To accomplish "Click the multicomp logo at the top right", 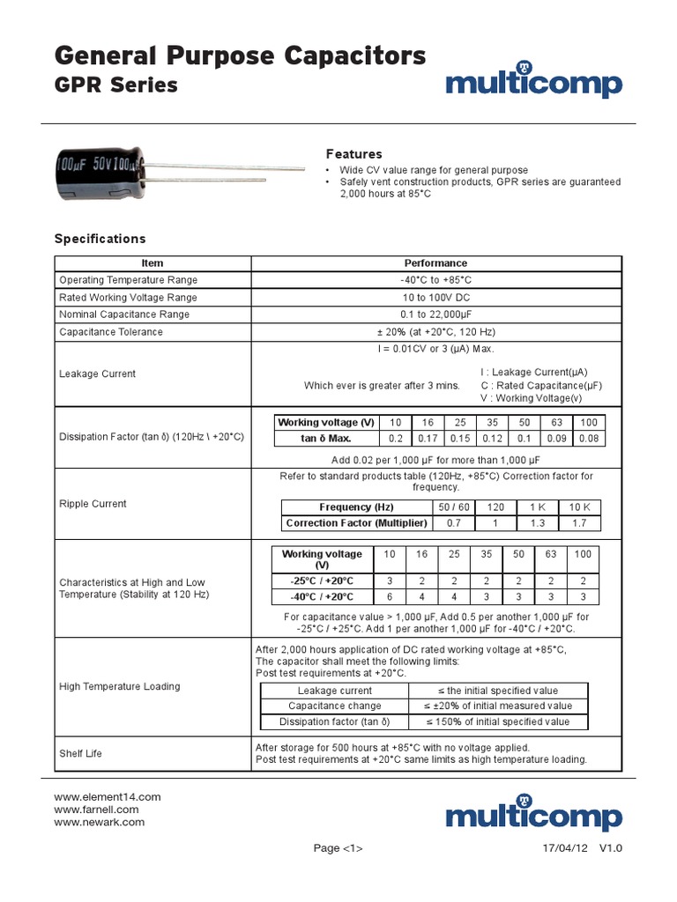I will pos(533,83).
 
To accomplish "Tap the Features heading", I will pos(353,153).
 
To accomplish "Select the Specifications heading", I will pos(100,239).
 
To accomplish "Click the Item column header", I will pos(153,262).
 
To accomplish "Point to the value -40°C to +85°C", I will pos(435,280).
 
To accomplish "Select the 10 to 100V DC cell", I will pos(435,298).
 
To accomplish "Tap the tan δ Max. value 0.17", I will pos(428,438).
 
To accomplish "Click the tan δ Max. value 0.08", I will pos(589,438).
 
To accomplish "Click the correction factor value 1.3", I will pos(537,523).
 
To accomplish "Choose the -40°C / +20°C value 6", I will pos(389,596).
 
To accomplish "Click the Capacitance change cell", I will pos(335,706).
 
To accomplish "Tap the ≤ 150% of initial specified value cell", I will pos(498,721).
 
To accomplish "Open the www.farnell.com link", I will pos(96,809).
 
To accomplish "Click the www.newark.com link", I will pos(99,822).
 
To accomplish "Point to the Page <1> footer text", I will pos(338,848).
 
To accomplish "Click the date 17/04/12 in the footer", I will pos(565,848).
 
